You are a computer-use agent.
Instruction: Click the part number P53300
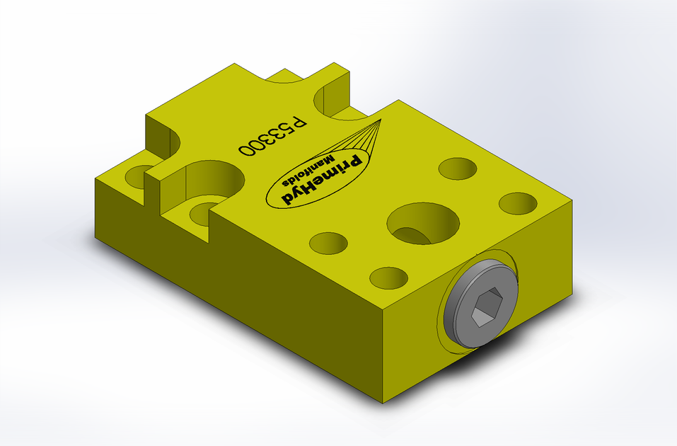tap(273, 136)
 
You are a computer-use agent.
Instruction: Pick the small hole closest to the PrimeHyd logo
tap(329, 243)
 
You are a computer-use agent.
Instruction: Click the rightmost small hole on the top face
tap(518, 203)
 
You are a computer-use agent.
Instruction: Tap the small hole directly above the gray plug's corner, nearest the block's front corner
tap(388, 278)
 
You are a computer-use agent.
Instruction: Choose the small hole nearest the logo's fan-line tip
tap(457, 168)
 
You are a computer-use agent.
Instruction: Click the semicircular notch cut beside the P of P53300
tap(332, 99)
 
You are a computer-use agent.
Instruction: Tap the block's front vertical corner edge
tap(383, 354)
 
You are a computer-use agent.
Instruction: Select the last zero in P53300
tap(248, 149)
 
